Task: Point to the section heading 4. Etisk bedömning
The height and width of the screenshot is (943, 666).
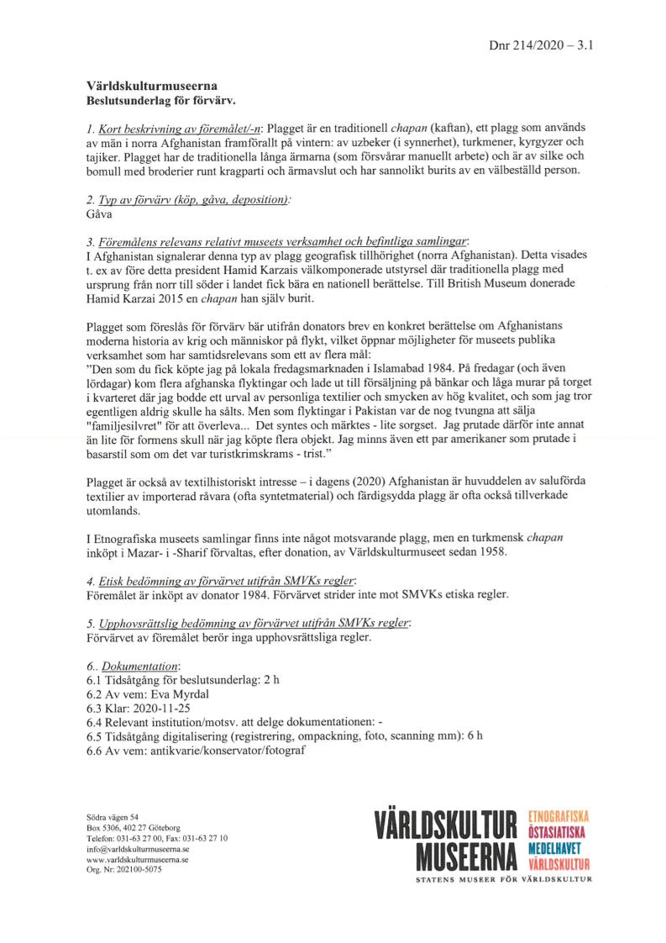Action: pyautogui.click(x=223, y=581)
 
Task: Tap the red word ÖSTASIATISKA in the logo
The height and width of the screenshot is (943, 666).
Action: pyautogui.click(x=560, y=833)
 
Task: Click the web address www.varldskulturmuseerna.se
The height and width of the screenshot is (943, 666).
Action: pyautogui.click(x=137, y=861)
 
